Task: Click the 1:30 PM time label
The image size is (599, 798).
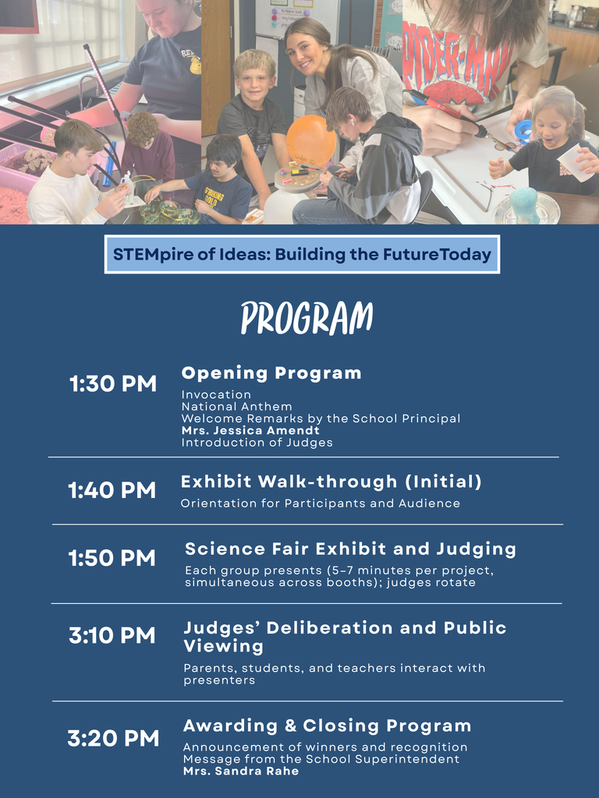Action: tap(113, 384)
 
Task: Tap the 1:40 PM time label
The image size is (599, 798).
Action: tap(112, 491)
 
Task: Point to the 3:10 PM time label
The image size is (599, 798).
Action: tap(112, 636)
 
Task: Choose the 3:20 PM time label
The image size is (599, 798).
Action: tap(113, 739)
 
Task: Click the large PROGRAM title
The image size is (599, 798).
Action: tap(307, 318)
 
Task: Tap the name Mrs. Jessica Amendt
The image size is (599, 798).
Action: tap(250, 430)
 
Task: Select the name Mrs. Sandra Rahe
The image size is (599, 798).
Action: tap(241, 771)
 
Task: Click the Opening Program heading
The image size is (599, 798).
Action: tap(271, 373)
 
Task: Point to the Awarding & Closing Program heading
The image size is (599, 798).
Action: tap(327, 726)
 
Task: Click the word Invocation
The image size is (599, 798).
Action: tap(216, 395)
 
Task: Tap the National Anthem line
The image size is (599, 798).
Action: tap(236, 407)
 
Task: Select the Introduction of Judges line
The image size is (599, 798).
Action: tap(257, 443)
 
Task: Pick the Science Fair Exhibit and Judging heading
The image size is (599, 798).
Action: tap(350, 549)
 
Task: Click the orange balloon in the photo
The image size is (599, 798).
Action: tap(311, 139)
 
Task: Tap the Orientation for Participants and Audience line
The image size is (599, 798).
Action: tap(320, 503)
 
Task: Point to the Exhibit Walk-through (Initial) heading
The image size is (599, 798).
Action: tap(331, 482)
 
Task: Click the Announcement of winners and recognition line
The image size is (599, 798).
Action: tap(324, 747)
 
